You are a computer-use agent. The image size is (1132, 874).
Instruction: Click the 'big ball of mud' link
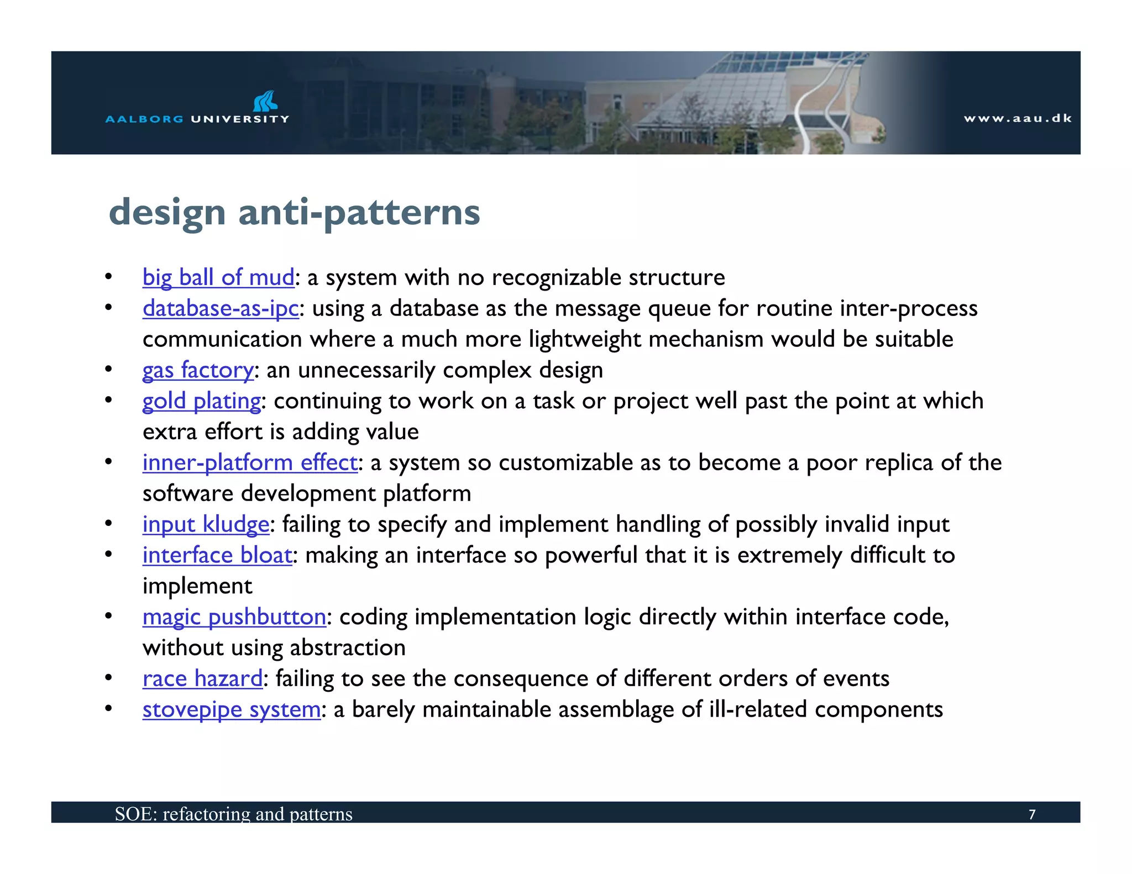click(218, 277)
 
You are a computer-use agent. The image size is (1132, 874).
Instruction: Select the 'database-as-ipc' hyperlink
click(221, 308)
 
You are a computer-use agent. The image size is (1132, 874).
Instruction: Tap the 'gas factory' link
click(198, 370)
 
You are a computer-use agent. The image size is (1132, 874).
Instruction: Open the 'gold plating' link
click(201, 401)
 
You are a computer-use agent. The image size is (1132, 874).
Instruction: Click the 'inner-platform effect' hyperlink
click(250, 463)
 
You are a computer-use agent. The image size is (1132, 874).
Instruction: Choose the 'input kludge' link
click(206, 524)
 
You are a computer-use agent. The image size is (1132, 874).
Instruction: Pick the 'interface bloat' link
click(217, 555)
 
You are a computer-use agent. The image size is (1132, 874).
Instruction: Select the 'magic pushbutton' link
click(234, 617)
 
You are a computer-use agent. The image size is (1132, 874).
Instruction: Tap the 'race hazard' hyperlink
click(202, 679)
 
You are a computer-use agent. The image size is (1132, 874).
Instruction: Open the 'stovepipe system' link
click(232, 710)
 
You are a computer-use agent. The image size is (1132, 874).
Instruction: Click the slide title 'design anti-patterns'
click(295, 212)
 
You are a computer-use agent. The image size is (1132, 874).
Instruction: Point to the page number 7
click(1031, 814)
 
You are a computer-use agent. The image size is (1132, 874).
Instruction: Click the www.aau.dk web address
click(1018, 118)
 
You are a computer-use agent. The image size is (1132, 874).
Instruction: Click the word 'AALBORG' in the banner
click(144, 119)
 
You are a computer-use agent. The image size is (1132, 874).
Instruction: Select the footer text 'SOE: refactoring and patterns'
click(233, 814)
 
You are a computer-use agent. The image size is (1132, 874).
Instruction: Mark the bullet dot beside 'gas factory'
click(109, 369)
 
